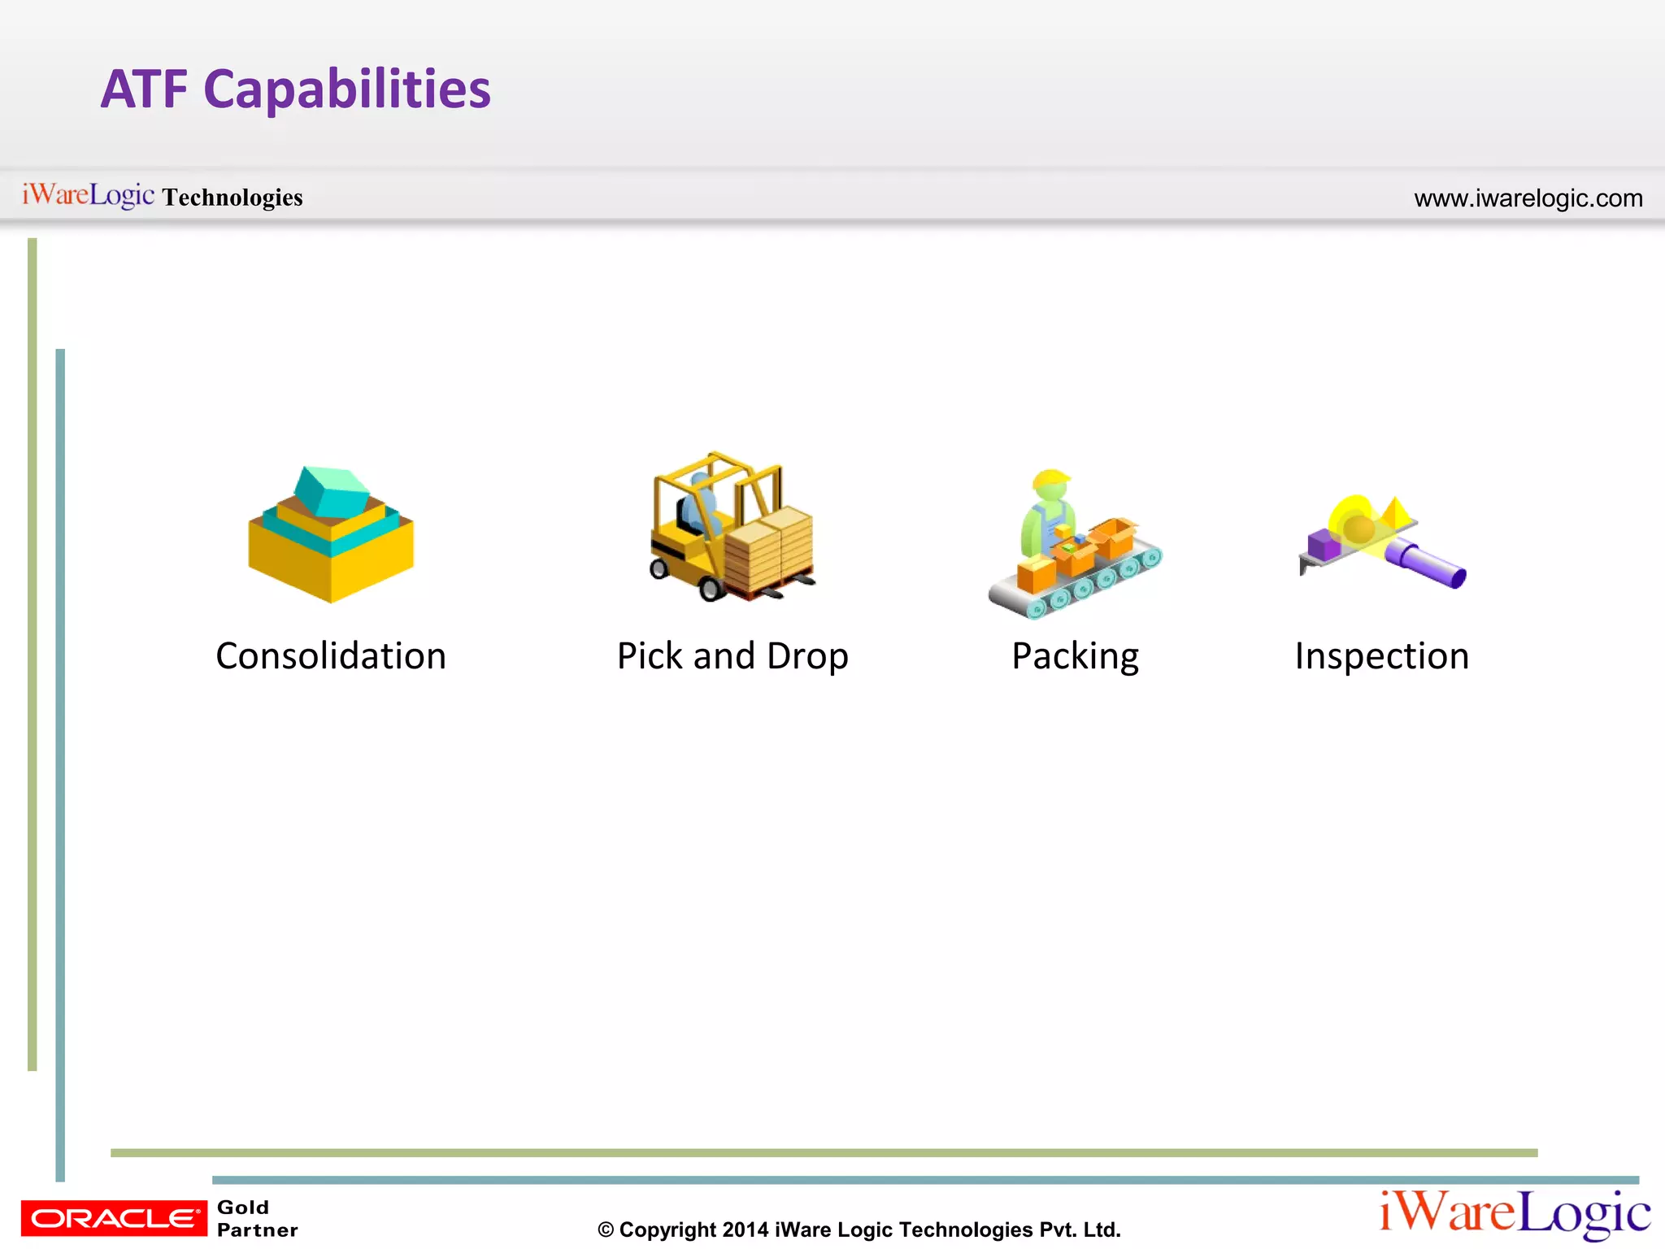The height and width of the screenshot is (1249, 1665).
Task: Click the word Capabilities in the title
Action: click(x=347, y=89)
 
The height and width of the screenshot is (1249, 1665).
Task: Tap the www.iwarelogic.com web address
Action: click(x=1528, y=198)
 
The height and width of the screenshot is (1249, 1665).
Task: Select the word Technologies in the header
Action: click(x=233, y=198)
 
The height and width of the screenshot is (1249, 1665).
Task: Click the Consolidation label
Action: click(x=331, y=656)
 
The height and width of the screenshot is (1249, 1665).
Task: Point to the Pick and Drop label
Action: click(x=733, y=656)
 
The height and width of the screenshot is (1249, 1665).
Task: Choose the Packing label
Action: click(x=1075, y=656)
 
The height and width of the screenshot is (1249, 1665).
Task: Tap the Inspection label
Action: click(x=1382, y=656)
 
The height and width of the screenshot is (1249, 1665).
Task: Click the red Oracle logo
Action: click(x=114, y=1218)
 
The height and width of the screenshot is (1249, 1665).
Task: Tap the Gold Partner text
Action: click(x=257, y=1218)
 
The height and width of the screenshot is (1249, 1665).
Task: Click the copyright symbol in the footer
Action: click(x=606, y=1230)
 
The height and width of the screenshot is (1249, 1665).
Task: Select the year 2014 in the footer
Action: click(x=745, y=1229)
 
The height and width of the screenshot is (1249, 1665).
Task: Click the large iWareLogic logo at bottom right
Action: click(x=1515, y=1213)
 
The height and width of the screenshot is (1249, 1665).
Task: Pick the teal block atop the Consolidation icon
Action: click(x=330, y=490)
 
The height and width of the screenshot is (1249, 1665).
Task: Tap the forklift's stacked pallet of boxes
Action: click(x=769, y=548)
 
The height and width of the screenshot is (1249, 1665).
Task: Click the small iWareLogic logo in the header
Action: click(x=88, y=195)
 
